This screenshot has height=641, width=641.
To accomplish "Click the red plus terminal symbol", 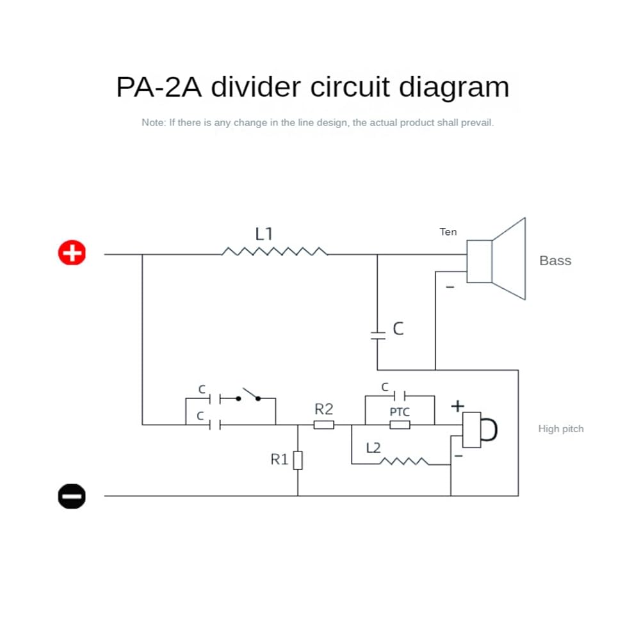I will [72, 253].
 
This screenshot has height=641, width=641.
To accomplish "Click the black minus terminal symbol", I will [72, 496].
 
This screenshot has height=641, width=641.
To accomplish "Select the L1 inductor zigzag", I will [275, 252].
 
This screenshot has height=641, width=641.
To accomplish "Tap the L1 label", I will [264, 234].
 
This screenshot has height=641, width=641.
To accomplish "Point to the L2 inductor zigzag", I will [405, 460].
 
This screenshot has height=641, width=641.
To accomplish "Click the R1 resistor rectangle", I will [298, 460].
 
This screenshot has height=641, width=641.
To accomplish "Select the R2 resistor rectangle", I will [324, 425].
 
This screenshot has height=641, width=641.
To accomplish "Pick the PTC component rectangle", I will [400, 425].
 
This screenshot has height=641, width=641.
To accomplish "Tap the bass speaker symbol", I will [496, 259].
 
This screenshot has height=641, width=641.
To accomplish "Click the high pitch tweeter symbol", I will [480, 429].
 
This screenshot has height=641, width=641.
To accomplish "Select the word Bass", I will [555, 261].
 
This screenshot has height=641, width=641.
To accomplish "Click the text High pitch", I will [561, 429].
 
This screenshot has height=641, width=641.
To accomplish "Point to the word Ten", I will [448, 232].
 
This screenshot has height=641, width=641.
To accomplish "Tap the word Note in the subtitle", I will [152, 122].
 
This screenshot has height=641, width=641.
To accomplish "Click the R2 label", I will [324, 409].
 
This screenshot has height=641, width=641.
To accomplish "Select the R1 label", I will [280, 459].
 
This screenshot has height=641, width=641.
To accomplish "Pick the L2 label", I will [374, 448].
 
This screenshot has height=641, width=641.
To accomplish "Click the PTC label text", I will [400, 412].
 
